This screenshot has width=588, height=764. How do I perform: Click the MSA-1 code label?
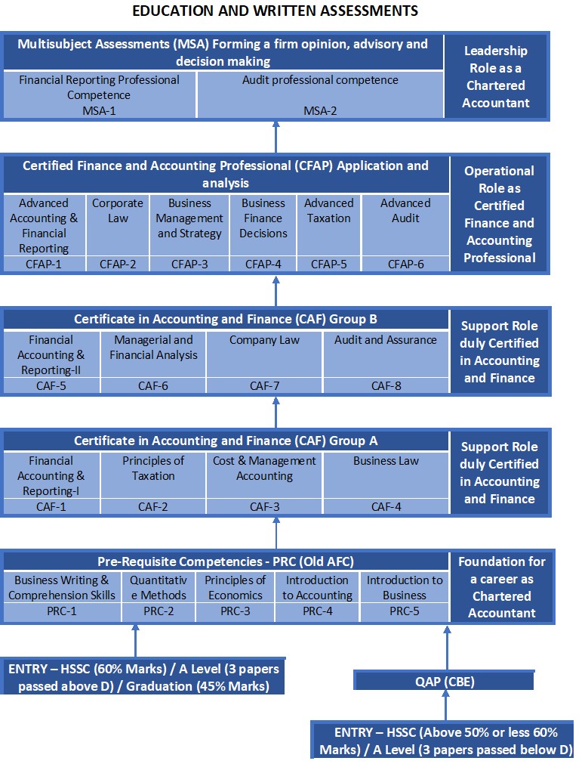100,110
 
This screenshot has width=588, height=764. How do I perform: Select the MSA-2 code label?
320,110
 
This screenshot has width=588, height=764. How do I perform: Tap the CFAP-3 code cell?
189,264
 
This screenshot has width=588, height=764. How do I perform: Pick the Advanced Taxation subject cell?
329,224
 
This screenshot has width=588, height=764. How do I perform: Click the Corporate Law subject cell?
118,224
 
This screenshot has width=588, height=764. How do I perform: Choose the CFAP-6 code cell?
405,264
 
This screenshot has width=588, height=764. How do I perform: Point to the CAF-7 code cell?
264,386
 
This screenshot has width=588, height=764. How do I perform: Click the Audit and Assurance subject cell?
386,354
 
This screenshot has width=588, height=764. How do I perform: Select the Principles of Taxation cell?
153,475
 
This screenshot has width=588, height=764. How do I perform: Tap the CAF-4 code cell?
386,507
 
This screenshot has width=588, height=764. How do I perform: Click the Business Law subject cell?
386,475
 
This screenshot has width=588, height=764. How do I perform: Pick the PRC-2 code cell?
159,611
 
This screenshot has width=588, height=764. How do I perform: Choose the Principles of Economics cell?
235,587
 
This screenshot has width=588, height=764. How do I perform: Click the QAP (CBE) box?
444,681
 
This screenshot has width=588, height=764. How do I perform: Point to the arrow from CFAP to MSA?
276,138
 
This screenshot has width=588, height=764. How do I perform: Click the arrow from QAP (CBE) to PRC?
447,648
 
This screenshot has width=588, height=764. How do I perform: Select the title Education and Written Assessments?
275,11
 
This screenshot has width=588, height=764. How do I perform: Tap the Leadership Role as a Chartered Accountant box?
497,76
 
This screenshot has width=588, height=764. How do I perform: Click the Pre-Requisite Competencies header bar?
226,561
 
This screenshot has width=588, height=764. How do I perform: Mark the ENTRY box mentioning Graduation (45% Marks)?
143,677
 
